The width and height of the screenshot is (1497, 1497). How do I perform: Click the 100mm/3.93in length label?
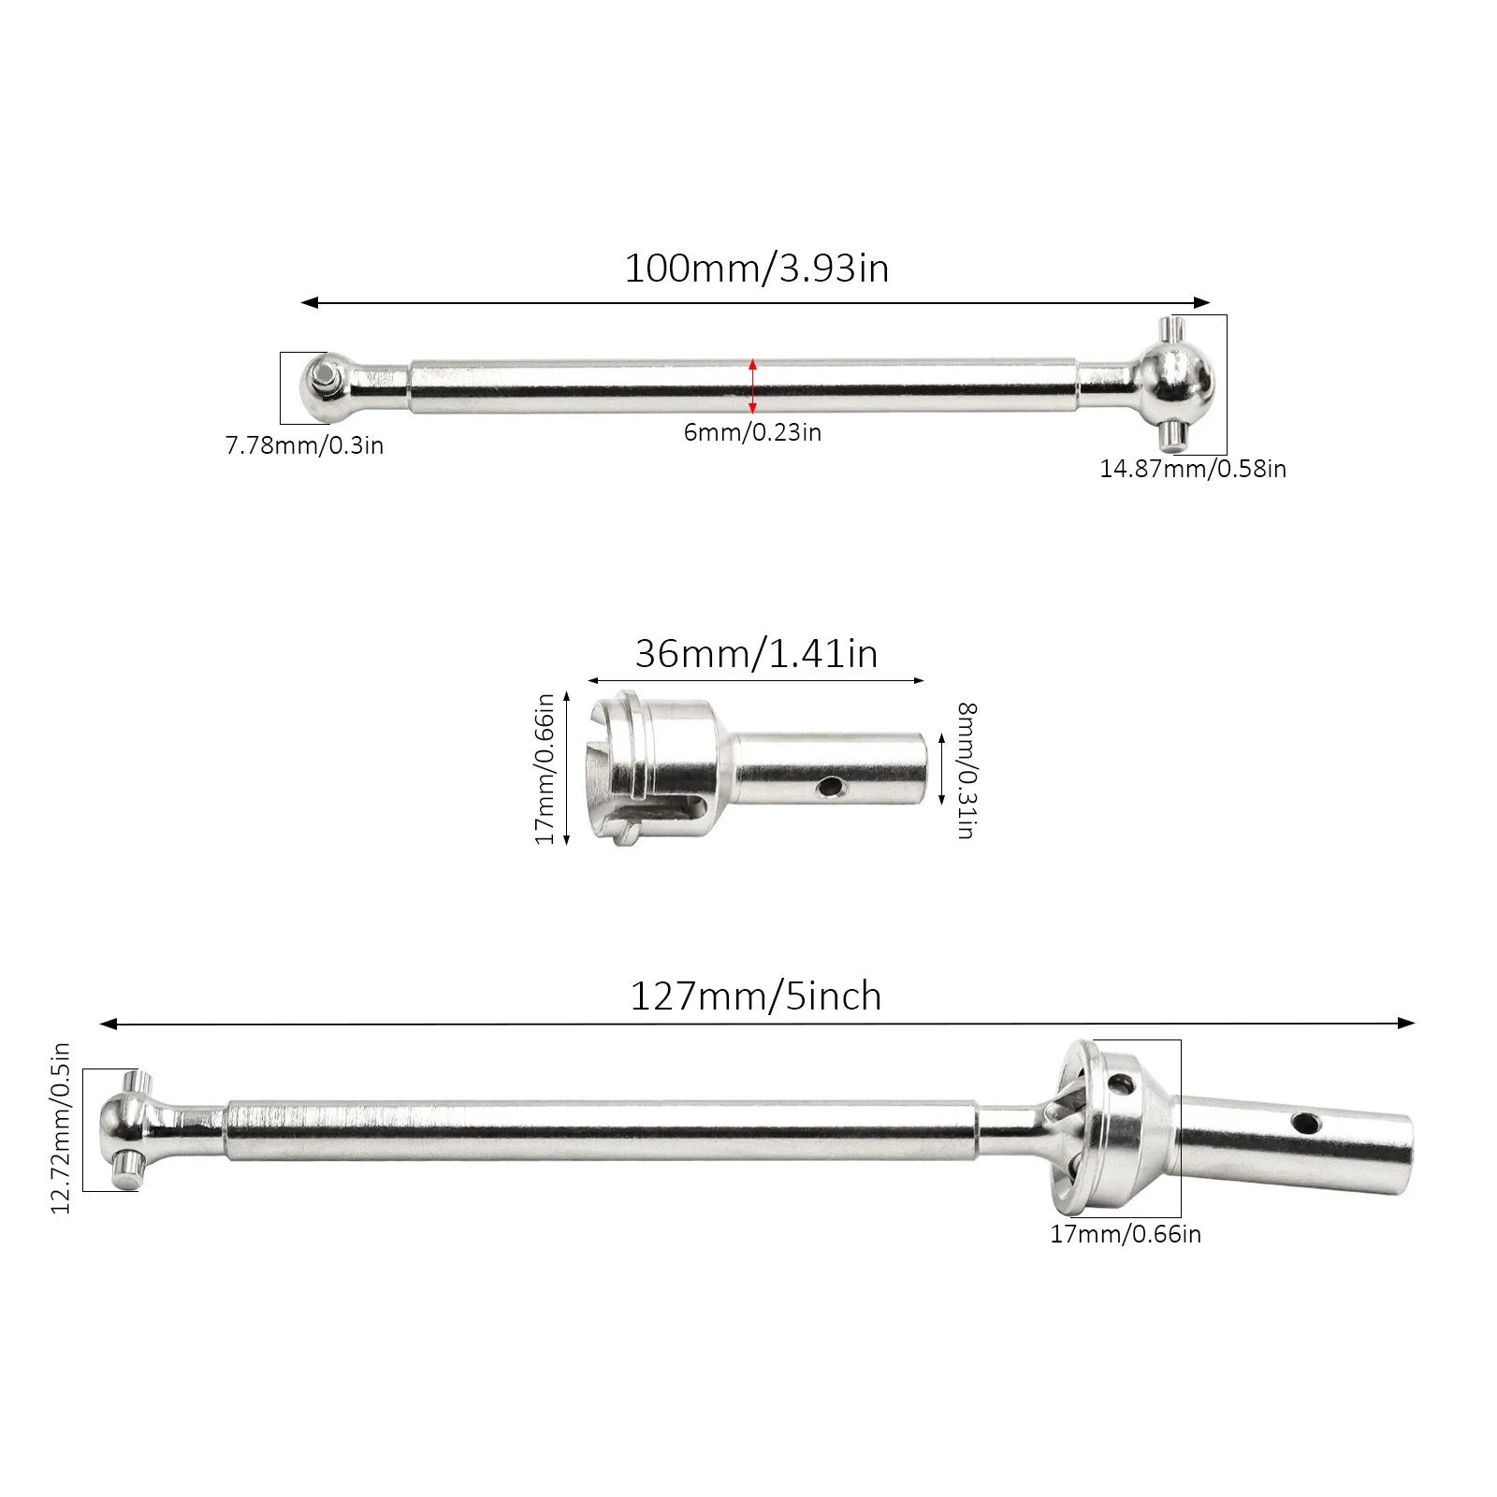pyautogui.click(x=756, y=269)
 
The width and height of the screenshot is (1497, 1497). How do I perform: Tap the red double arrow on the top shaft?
pyautogui.click(x=753, y=385)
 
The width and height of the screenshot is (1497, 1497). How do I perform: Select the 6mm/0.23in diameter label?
pyautogui.click(x=752, y=432)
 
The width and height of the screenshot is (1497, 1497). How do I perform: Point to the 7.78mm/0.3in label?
pyautogui.click(x=304, y=445)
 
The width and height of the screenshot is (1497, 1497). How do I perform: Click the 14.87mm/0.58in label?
pyautogui.click(x=1193, y=469)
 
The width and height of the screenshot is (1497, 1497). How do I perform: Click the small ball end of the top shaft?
pyautogui.click(x=324, y=385)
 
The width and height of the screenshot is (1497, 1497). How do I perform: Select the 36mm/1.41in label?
pyautogui.click(x=756, y=654)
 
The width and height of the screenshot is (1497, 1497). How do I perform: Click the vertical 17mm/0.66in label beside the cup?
pyautogui.click(x=545, y=768)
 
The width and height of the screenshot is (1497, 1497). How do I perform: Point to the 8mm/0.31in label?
pyautogui.click(x=966, y=770)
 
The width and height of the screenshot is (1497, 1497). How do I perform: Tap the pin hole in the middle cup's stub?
pyautogui.click(x=827, y=789)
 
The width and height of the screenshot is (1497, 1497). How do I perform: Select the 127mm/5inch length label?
pyautogui.click(x=756, y=996)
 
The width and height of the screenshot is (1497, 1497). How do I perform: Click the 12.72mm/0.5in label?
pyautogui.click(x=61, y=1128)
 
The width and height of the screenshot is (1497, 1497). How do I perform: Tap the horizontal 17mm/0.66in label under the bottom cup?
pyautogui.click(x=1126, y=1234)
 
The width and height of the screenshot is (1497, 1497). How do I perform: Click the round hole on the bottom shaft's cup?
pyautogui.click(x=1119, y=1085)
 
